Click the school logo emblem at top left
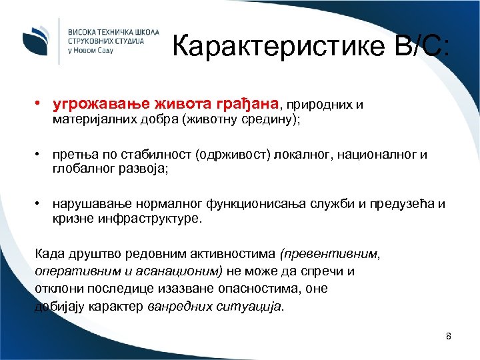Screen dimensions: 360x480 pyautogui.click(x=35, y=39)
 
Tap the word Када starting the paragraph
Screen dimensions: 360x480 pyautogui.click(x=47, y=254)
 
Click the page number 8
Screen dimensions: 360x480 pyautogui.click(x=449, y=336)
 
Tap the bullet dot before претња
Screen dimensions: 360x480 pyautogui.click(x=41, y=155)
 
